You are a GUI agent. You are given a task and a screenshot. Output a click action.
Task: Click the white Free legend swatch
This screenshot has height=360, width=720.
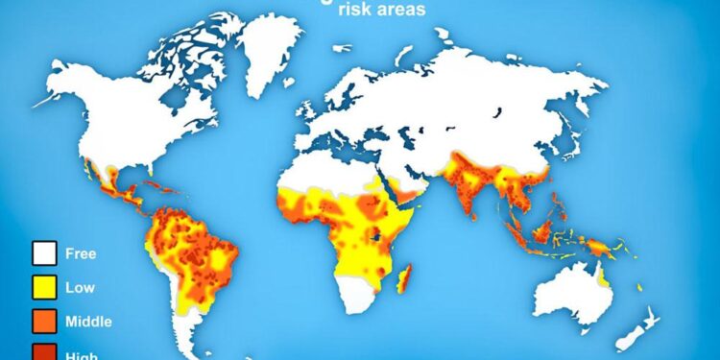43,254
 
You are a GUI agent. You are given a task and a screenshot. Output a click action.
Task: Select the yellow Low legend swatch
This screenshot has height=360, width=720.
43,287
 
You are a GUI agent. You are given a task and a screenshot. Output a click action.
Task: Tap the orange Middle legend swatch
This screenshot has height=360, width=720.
43,321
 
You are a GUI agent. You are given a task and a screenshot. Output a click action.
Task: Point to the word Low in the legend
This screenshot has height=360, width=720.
79,287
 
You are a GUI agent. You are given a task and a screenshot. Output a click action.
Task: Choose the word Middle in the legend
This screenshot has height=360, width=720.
88,321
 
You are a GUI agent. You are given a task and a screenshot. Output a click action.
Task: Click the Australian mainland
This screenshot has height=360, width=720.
566,293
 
